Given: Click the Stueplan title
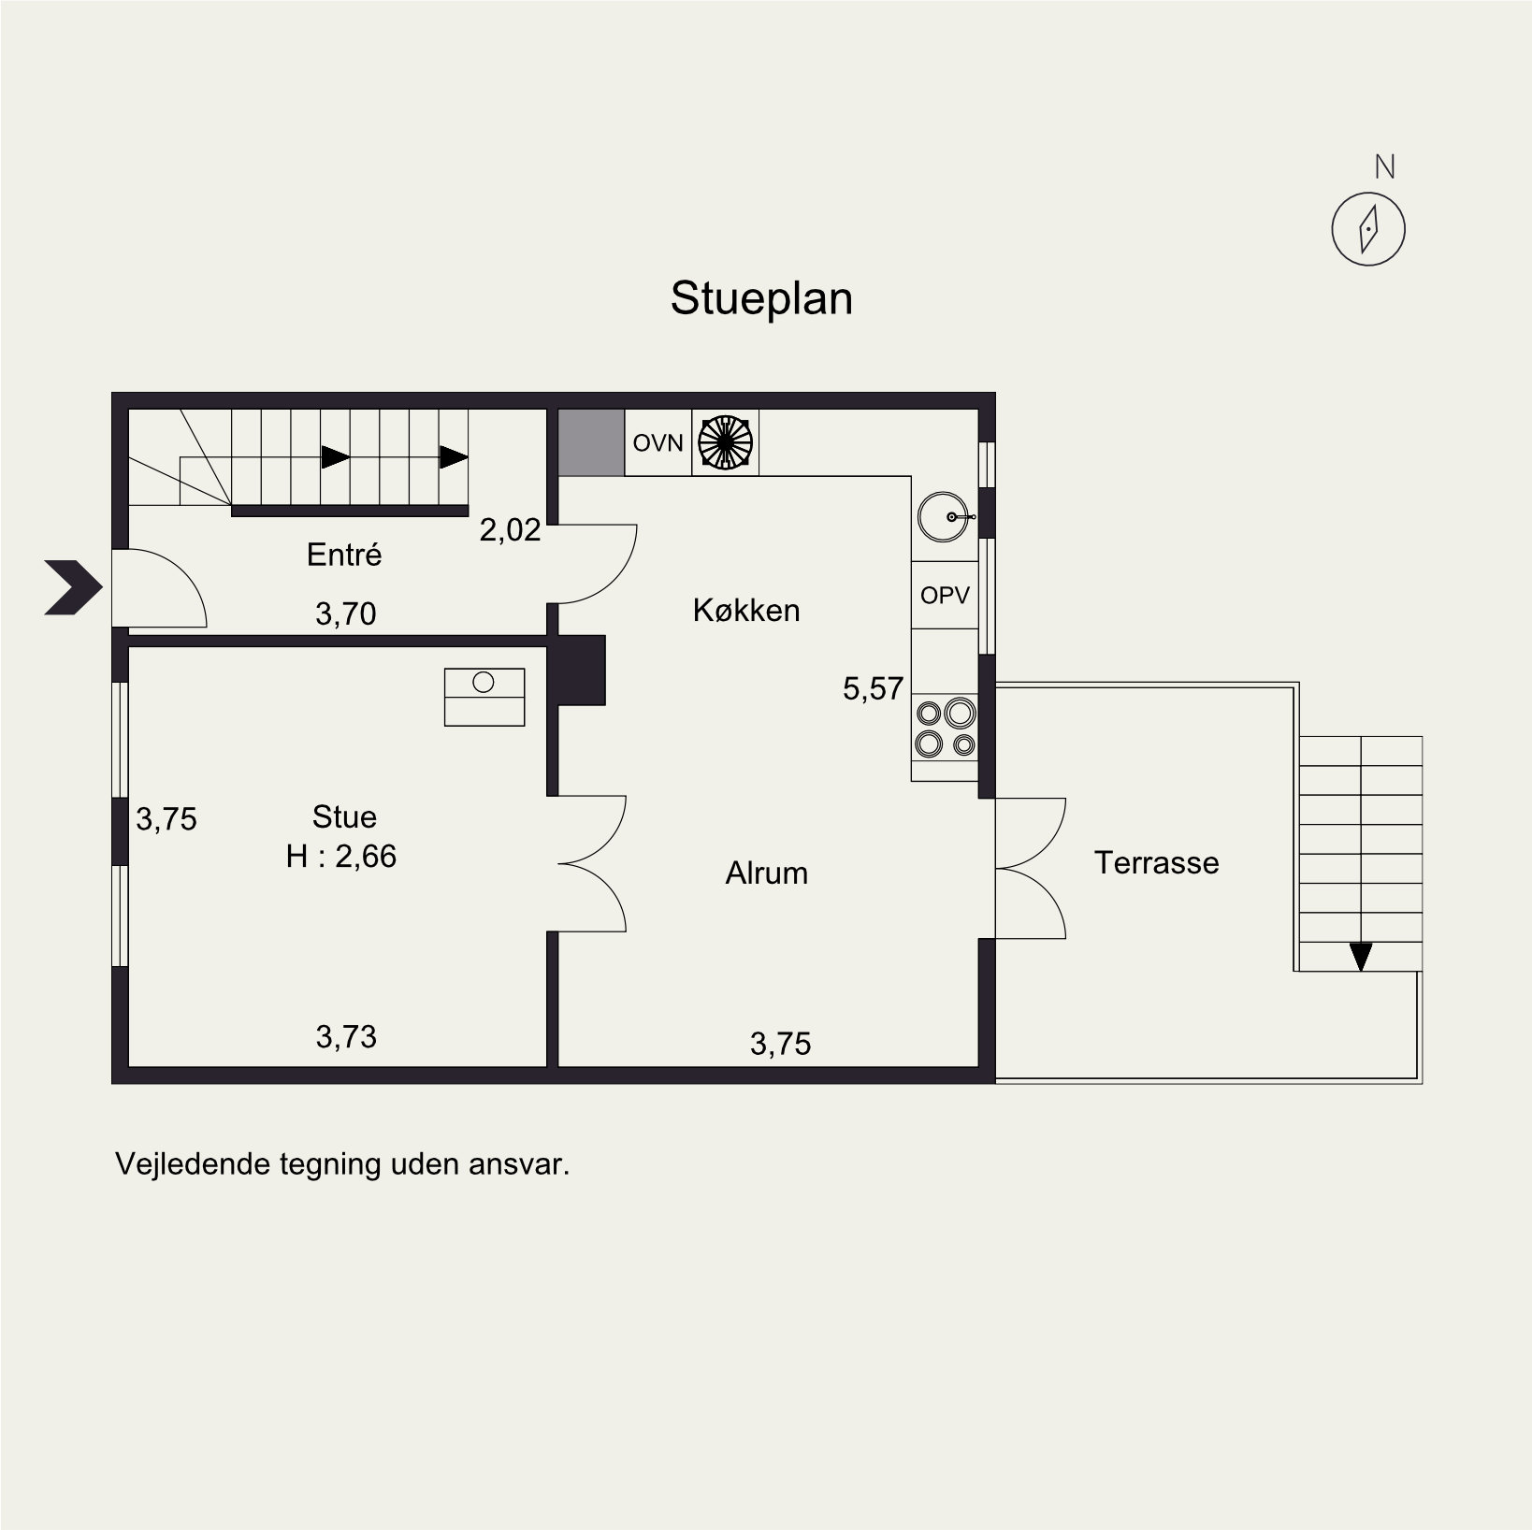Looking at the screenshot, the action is click(x=761, y=299).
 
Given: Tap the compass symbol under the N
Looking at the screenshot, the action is click(x=1368, y=228).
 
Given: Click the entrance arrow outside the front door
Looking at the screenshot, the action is click(x=73, y=587).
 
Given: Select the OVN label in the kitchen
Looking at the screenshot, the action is click(x=658, y=442).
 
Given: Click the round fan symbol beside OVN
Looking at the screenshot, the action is click(x=725, y=441).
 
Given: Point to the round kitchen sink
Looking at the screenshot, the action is click(x=945, y=517).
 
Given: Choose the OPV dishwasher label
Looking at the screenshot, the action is click(x=945, y=595).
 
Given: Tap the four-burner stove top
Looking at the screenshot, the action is click(x=945, y=728).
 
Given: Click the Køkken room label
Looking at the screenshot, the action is click(x=746, y=611).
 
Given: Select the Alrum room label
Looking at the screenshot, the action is click(x=767, y=873).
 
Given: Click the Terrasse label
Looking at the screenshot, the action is click(x=1157, y=862).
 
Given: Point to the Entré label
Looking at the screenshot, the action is click(x=344, y=555).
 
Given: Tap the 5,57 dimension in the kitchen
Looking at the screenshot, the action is click(x=874, y=689).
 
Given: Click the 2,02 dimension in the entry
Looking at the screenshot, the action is click(x=511, y=530).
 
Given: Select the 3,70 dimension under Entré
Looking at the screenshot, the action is click(x=346, y=613).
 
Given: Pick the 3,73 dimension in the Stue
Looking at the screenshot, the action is click(x=346, y=1036).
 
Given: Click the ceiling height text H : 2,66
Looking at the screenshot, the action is click(x=341, y=857).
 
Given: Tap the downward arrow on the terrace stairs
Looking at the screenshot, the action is click(x=1361, y=956).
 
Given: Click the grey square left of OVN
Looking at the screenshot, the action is click(x=592, y=441).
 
